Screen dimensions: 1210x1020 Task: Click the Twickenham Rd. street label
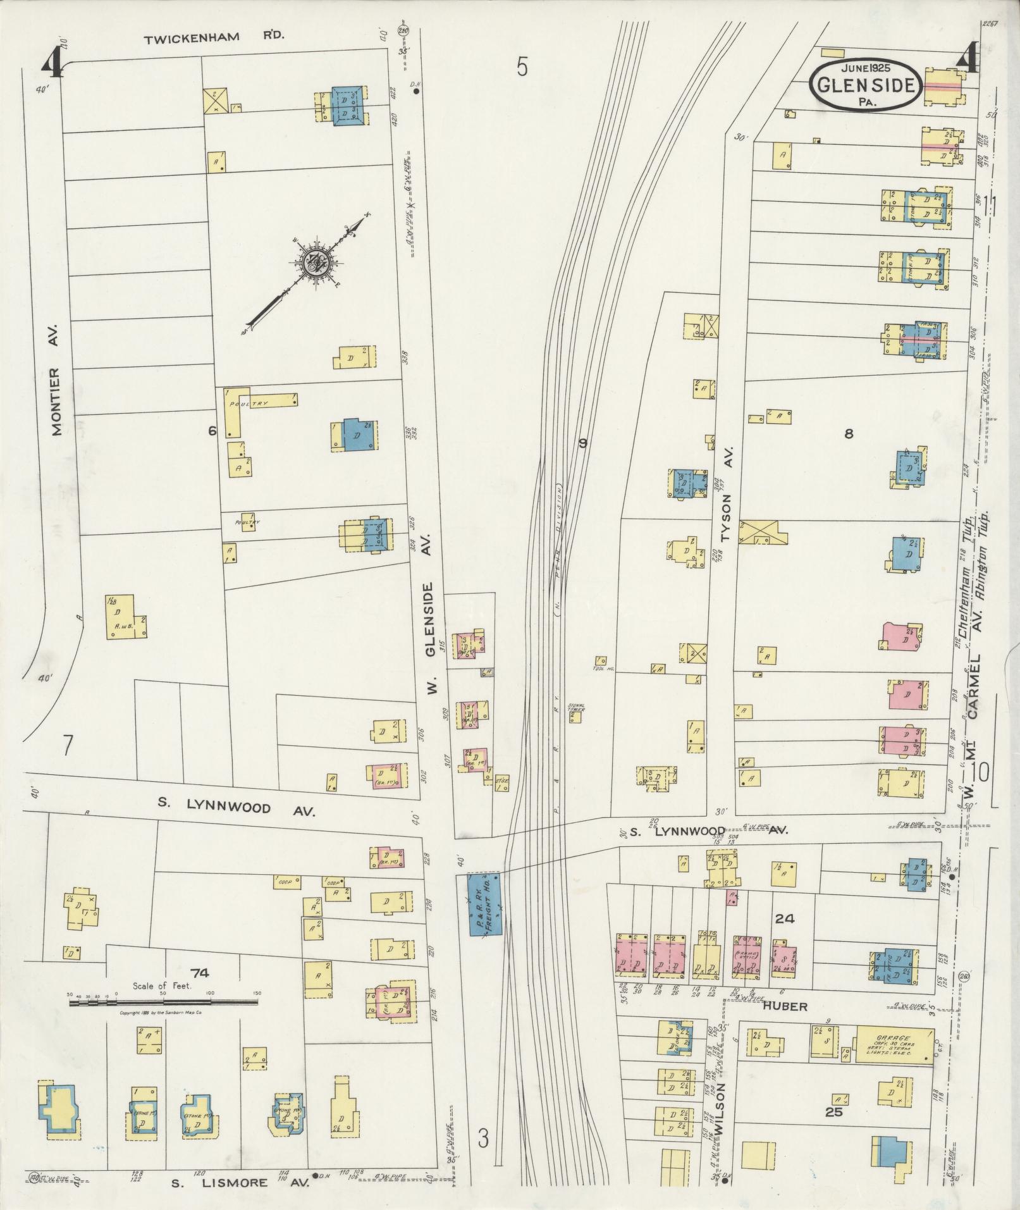point(214,38)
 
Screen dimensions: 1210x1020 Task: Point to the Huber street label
point(785,1006)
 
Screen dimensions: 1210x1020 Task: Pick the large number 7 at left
point(67,746)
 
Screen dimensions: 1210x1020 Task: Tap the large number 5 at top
point(521,66)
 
